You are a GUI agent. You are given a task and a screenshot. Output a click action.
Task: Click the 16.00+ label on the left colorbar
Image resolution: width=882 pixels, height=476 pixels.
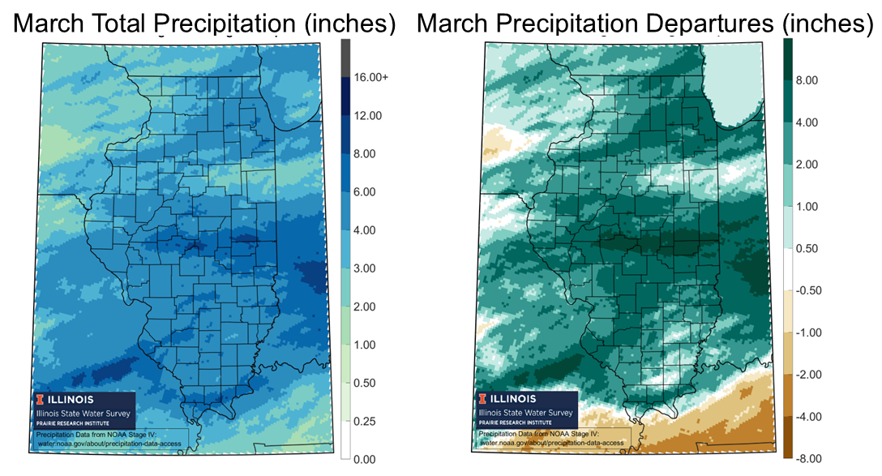point(371,77)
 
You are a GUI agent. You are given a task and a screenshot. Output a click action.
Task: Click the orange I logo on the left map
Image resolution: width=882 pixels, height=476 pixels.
point(38,399)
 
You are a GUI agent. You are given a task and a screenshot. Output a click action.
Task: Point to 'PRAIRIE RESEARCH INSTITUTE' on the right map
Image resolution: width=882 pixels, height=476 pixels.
point(515,422)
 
